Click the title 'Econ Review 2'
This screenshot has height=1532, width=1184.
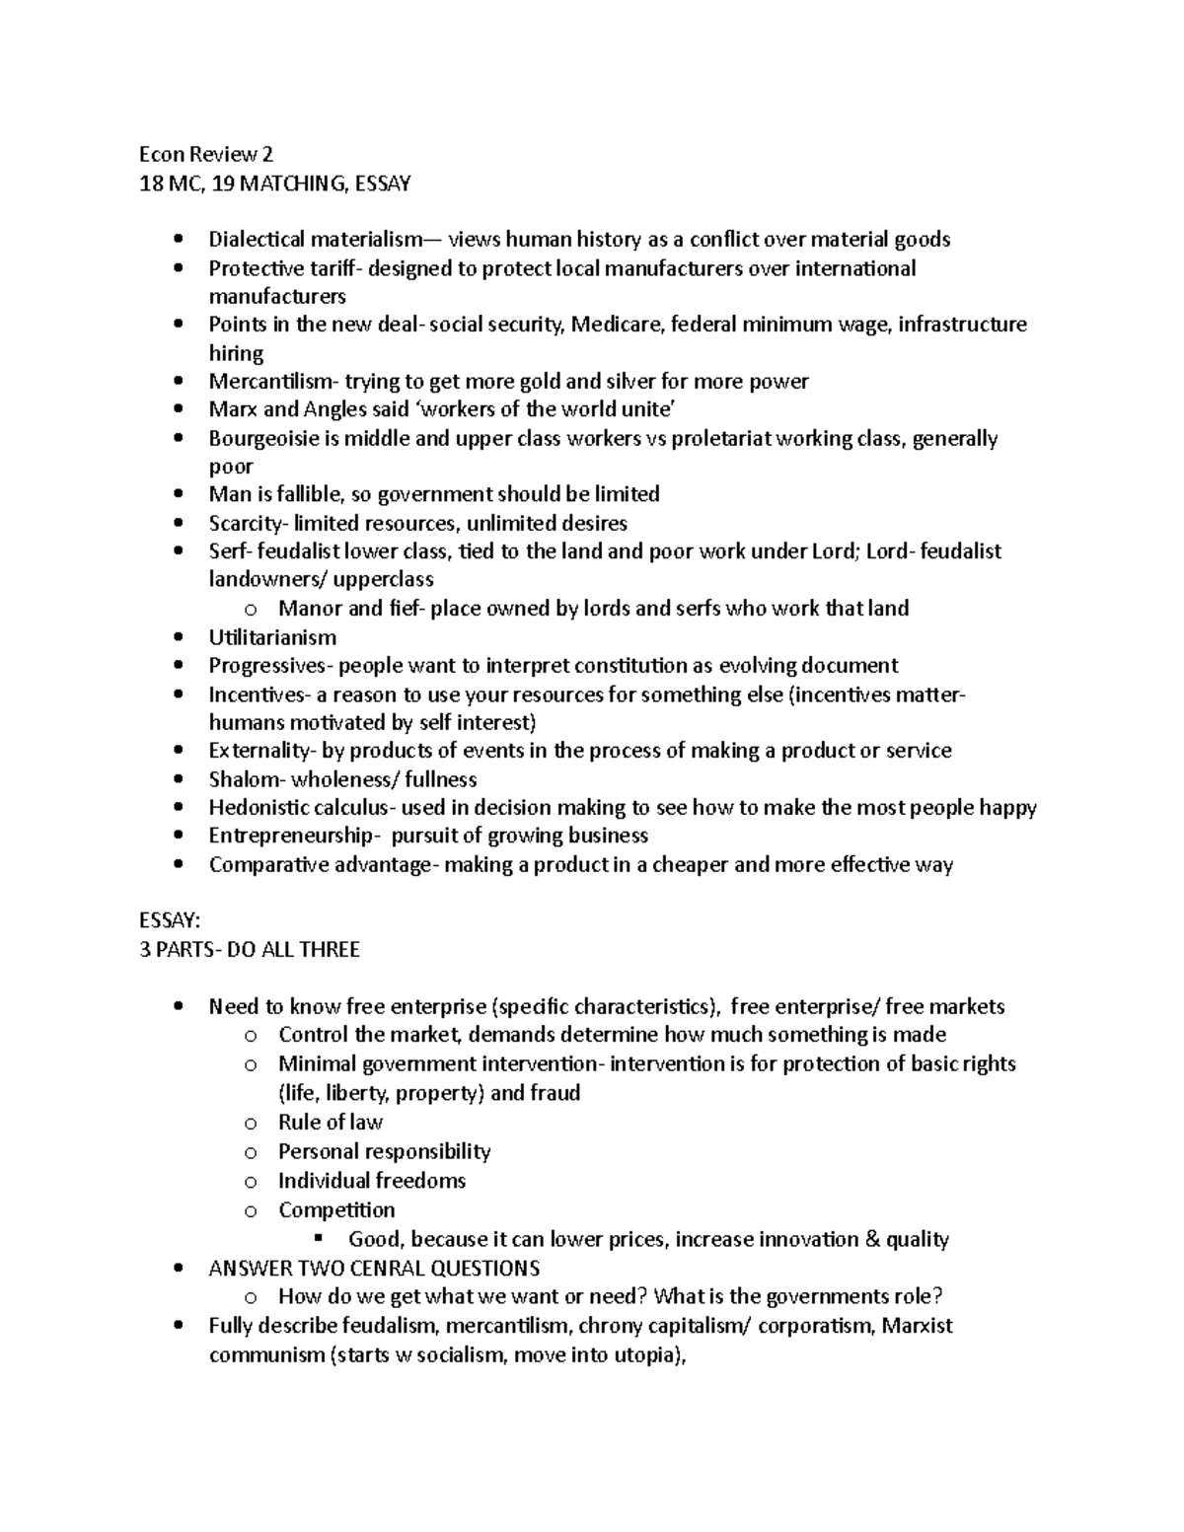(206, 154)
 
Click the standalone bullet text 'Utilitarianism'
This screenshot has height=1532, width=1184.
(272, 637)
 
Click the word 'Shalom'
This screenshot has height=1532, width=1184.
(243, 779)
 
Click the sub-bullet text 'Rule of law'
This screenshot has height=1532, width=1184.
(330, 1123)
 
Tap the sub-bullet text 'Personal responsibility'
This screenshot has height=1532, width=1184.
(384, 1151)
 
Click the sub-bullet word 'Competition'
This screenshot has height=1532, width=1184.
(335, 1209)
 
